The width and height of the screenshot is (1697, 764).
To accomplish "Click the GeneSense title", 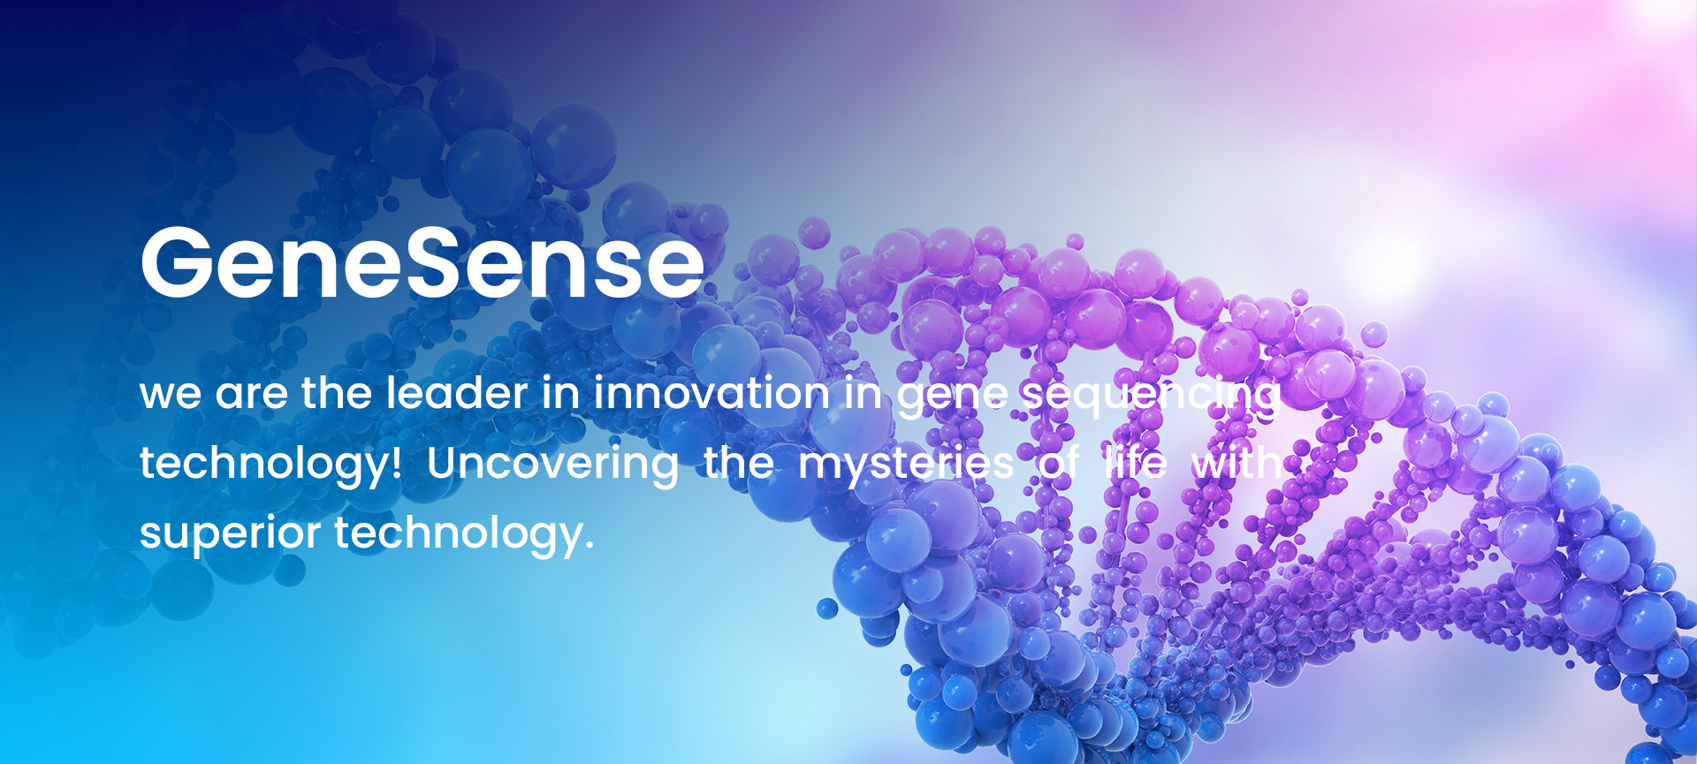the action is coord(422,262).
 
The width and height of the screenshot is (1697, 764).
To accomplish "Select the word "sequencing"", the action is coord(1151,396).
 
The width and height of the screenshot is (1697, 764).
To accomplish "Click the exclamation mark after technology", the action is coord(396,462).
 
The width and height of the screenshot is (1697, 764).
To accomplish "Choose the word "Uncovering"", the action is coord(552,465).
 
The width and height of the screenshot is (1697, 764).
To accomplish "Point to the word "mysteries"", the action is coord(906,465).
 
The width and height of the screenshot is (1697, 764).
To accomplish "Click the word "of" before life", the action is coord(1058,462).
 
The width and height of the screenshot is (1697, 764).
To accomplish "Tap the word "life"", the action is coord(1134,462).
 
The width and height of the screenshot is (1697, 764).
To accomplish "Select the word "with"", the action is coord(1236,462).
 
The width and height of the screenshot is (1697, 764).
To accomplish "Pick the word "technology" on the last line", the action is coord(458,533).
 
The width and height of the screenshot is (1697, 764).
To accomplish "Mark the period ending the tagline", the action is coord(588,545).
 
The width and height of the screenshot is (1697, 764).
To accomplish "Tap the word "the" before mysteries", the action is coord(738,462).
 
